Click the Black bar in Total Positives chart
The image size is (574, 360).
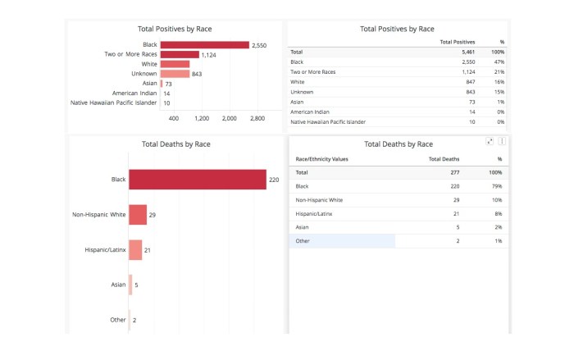204,45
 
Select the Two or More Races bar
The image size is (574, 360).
180,55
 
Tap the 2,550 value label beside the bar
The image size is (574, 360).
260,45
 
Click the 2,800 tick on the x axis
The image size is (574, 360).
257,119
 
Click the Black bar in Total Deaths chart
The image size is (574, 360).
197,179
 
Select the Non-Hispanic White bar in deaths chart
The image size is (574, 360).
137,215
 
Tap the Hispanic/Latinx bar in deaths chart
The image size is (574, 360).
135,250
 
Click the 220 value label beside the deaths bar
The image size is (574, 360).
274,179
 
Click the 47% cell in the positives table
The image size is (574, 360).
499,62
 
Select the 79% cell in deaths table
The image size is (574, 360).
497,186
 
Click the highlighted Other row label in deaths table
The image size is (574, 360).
303,240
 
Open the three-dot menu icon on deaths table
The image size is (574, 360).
502,141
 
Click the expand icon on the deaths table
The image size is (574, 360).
490,141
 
